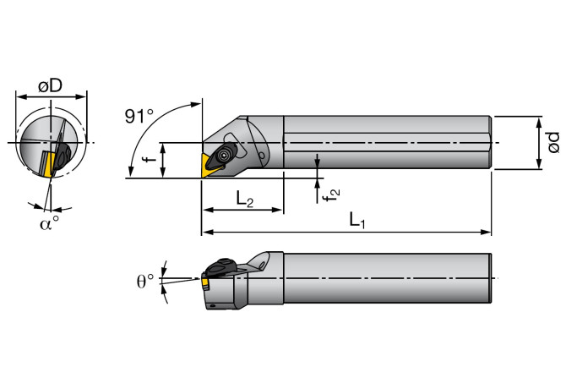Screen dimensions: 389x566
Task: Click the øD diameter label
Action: coord(52,86)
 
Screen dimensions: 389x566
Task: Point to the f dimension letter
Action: coord(146,160)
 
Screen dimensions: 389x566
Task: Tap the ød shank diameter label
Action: coord(552,142)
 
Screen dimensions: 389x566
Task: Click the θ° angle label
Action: coord(146,279)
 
